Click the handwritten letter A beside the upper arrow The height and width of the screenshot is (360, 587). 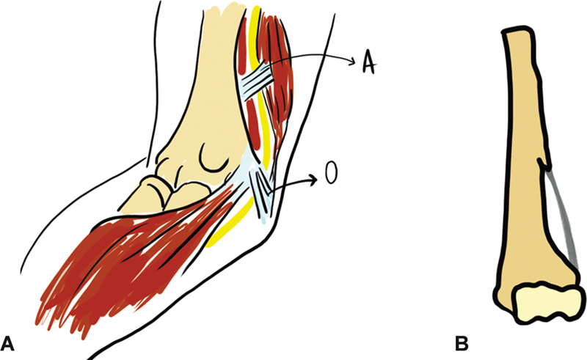368,64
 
